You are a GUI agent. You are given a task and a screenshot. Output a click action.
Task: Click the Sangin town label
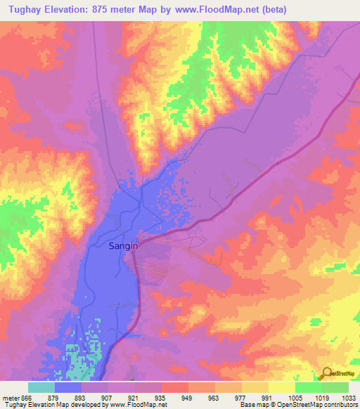[123, 246]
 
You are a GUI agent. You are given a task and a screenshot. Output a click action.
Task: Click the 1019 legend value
[321, 397]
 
